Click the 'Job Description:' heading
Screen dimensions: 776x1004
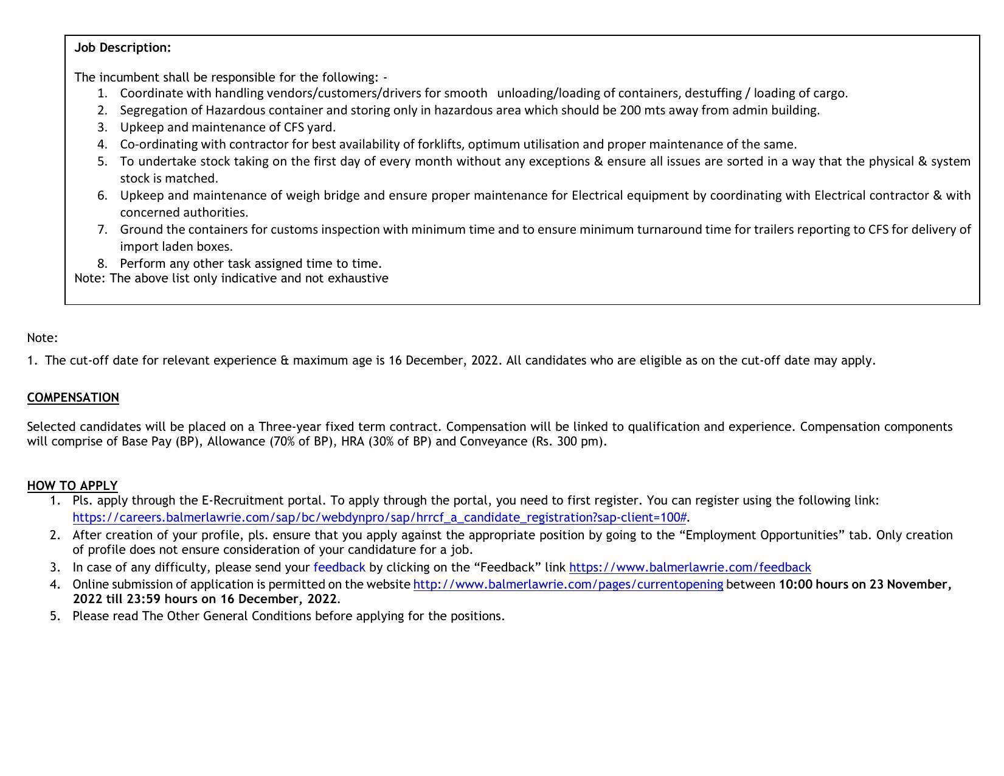[122, 47]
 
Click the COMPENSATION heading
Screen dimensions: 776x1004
[73, 397]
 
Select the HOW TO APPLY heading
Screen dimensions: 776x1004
[72, 486]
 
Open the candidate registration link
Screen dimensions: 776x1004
[379, 517]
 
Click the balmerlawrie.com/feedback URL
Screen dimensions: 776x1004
[690, 567]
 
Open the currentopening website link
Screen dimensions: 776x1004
[568, 584]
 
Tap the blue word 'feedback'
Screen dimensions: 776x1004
[339, 567]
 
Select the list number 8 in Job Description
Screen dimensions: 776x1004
[102, 264]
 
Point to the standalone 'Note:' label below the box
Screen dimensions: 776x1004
[42, 338]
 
